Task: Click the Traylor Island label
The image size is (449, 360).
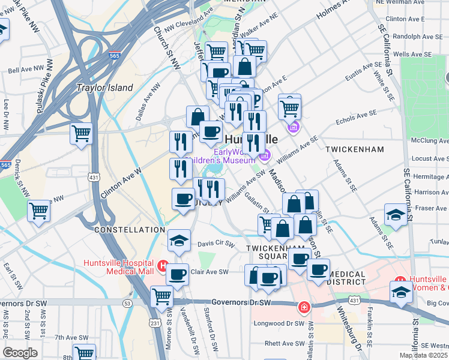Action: (104, 88)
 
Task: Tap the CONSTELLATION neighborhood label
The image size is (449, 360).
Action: (129, 230)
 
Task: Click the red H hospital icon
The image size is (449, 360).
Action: (161, 265)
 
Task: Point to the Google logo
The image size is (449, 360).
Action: (20, 353)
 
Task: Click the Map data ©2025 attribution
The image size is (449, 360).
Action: (423, 355)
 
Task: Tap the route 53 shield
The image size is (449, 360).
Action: (128, 304)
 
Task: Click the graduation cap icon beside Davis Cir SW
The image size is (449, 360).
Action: (179, 241)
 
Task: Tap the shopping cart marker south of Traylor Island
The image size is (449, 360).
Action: (81, 133)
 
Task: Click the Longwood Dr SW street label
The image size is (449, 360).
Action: (280, 323)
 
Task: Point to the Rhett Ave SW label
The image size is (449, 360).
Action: (286, 343)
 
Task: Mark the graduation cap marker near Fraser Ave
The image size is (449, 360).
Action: (396, 215)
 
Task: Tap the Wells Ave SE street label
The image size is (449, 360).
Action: (412, 54)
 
